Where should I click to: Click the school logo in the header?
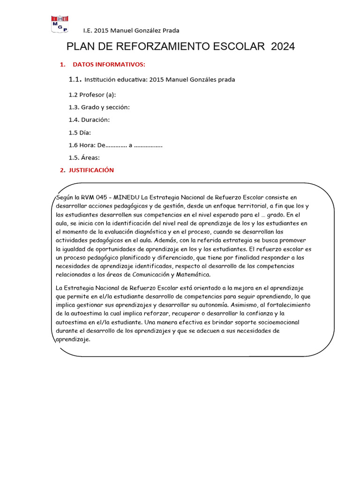(x=60, y=24)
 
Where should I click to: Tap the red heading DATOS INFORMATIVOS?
(x=109, y=64)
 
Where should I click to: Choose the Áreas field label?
(x=84, y=158)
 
